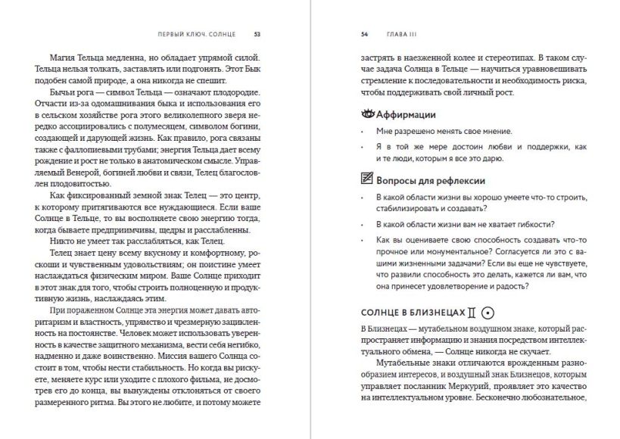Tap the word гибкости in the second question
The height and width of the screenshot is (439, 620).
pyautogui.click(x=533, y=225)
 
